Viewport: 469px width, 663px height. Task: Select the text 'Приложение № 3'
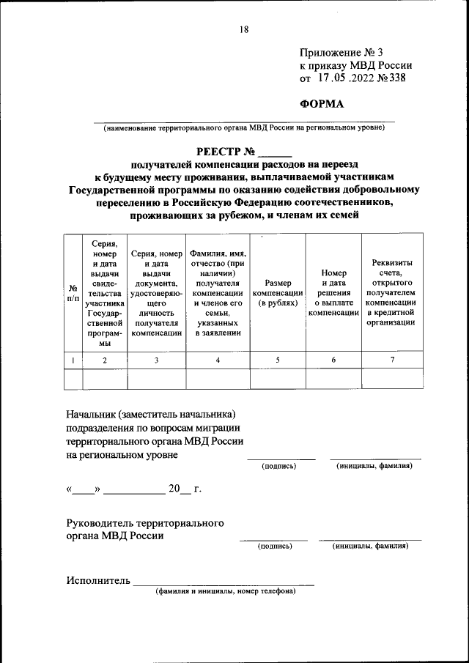[341, 52]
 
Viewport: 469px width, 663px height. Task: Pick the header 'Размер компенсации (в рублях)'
[278, 293]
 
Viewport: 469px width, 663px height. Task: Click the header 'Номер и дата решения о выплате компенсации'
[333, 293]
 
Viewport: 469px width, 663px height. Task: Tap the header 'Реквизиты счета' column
[391, 293]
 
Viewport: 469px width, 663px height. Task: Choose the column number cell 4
[218, 360]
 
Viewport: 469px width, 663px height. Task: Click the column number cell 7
[391, 360]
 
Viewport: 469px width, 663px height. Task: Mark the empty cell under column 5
[278, 379]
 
